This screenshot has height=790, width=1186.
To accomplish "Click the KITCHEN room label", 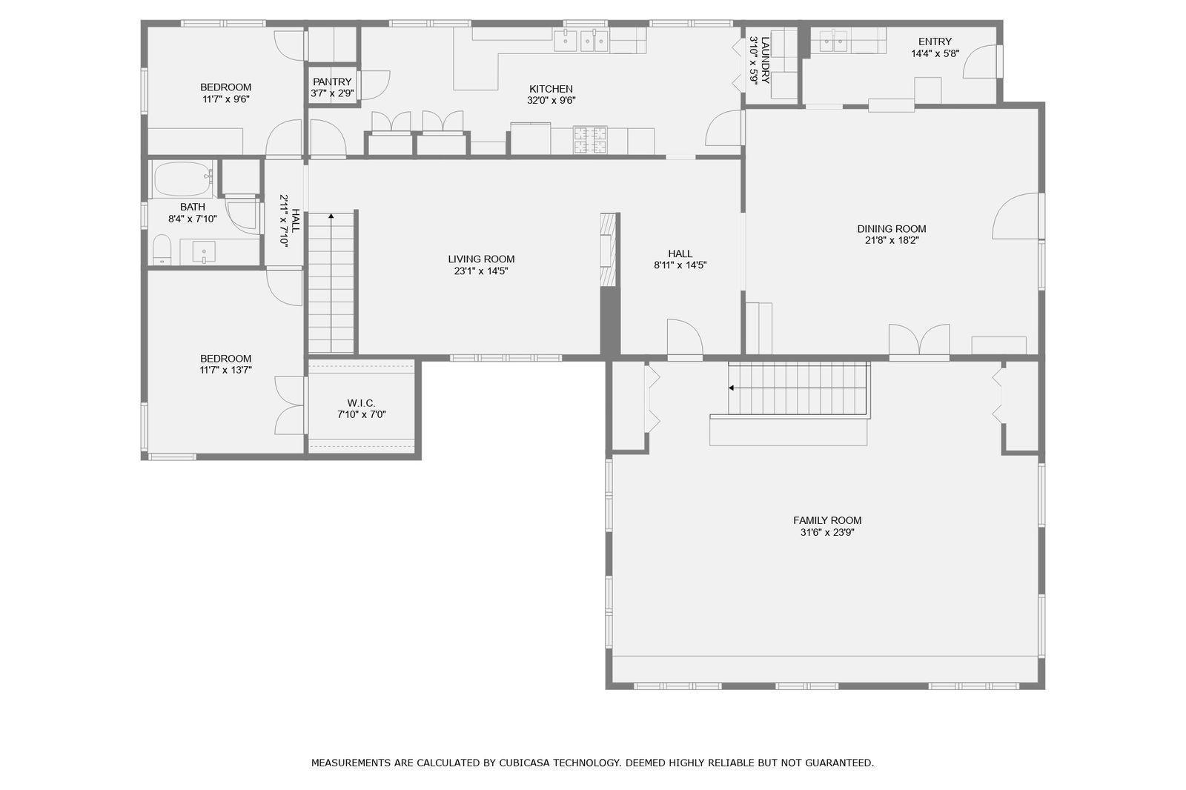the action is coord(551,89).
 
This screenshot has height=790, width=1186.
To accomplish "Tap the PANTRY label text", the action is coord(332,82).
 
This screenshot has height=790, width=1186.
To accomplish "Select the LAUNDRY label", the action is coord(765,60).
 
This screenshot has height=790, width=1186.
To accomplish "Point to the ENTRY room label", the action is coord(935,42).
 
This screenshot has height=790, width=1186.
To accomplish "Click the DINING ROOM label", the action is coord(892,229).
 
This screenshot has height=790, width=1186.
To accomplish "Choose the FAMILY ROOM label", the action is coord(827,520).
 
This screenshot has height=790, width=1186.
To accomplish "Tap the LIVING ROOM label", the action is coord(481,259).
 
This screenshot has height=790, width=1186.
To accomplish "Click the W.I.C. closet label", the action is coord(361,403).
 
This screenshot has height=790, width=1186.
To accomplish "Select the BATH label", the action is coord(192,207).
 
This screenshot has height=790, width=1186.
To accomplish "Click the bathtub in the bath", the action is coord(182,179).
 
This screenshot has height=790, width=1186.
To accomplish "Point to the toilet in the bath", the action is coord(162,250).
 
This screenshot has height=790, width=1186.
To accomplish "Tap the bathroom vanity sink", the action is coord(203,252).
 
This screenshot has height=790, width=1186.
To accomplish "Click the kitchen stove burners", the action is coord(590,140).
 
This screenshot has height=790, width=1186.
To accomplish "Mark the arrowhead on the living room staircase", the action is coord(331,216).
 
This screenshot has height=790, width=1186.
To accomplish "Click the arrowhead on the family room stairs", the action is coord(731,388).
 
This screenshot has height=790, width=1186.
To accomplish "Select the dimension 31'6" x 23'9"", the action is coord(827,532).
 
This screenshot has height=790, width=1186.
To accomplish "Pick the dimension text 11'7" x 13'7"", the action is coord(225,370).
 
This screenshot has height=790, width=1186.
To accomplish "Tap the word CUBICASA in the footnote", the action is coord(524,763).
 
